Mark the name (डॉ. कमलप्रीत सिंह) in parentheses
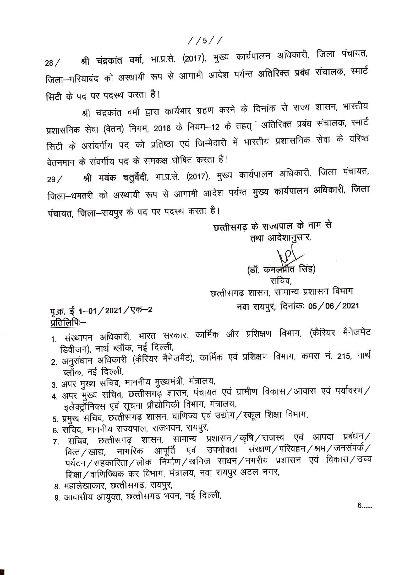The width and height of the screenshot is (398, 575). tap(281, 269)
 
